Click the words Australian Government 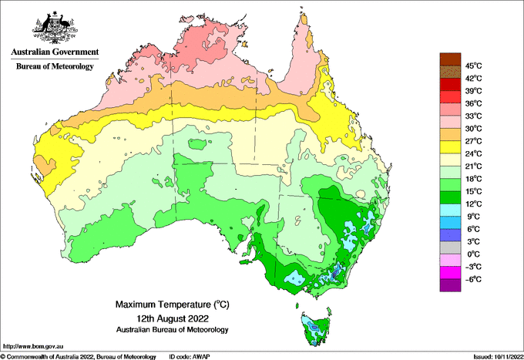(x=54, y=52)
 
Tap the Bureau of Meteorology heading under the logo (x=54, y=67)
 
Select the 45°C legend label (x=473, y=66)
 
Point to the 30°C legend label (x=473, y=128)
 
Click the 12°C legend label (x=473, y=204)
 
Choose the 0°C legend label (x=473, y=254)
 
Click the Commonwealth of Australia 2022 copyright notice (x=77, y=355)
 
